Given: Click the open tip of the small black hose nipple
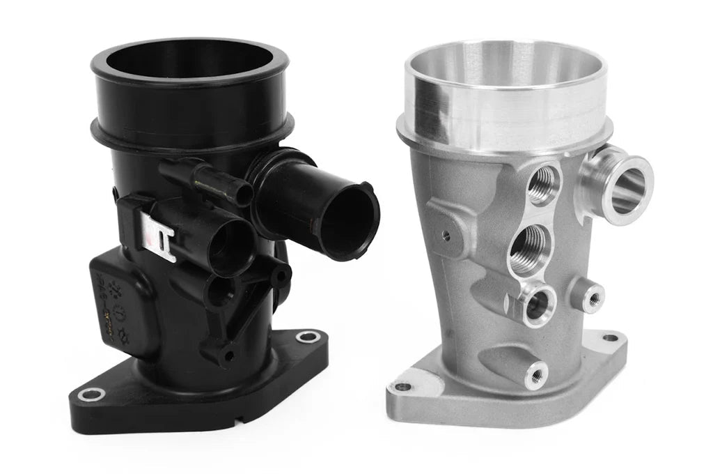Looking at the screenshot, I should (x=243, y=194).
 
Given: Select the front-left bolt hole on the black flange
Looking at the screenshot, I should (x=91, y=395).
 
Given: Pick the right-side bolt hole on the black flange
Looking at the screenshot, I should (x=308, y=337).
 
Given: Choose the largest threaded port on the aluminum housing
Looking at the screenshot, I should (x=530, y=250).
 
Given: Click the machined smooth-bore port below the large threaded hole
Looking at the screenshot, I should (x=535, y=305).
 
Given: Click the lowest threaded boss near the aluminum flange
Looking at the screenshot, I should (x=535, y=376).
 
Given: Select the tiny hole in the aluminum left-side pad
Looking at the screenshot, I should (x=446, y=236).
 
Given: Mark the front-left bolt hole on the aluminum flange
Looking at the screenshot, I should (x=403, y=387).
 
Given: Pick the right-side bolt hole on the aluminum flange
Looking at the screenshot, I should (x=611, y=338).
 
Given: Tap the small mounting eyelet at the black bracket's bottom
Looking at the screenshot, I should (x=226, y=356).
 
